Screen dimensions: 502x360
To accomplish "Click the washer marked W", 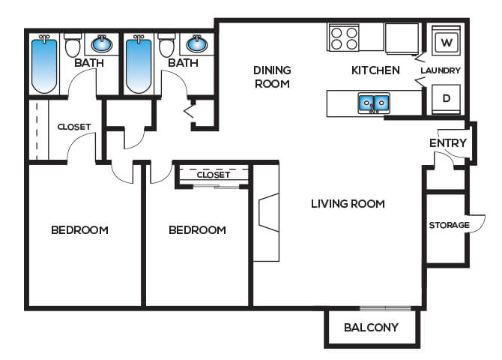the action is click(x=447, y=41).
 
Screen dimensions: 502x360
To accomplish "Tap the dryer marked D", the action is click(x=447, y=99).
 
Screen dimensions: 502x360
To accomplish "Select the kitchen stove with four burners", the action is click(x=344, y=37).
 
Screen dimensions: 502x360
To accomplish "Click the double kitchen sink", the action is click(x=374, y=103).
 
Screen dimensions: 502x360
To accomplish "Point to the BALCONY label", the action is click(x=371, y=327).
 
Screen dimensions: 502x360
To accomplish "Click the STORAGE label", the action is click(x=449, y=225).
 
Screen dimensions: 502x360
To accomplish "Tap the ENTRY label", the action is click(x=448, y=143).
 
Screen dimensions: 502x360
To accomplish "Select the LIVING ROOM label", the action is click(x=348, y=204).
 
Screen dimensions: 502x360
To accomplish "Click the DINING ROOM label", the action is click(x=272, y=77).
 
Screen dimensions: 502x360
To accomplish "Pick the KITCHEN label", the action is click(x=375, y=70).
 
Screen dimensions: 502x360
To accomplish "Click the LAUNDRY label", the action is click(x=441, y=70).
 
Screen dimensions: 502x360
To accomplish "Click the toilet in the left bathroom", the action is click(x=73, y=45).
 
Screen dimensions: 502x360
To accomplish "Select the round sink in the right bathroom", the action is click(x=196, y=44).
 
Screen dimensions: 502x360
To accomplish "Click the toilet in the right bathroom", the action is click(x=167, y=45).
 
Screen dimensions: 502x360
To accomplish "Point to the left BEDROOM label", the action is click(x=79, y=229).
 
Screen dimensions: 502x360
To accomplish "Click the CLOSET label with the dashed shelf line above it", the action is click(x=214, y=175).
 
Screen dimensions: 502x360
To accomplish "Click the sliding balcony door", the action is click(x=385, y=308).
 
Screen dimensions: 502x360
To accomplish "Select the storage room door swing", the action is click(x=477, y=223).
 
